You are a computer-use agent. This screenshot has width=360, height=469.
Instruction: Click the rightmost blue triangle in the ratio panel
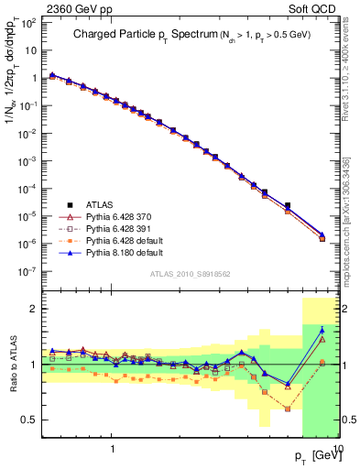click(322, 330)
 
